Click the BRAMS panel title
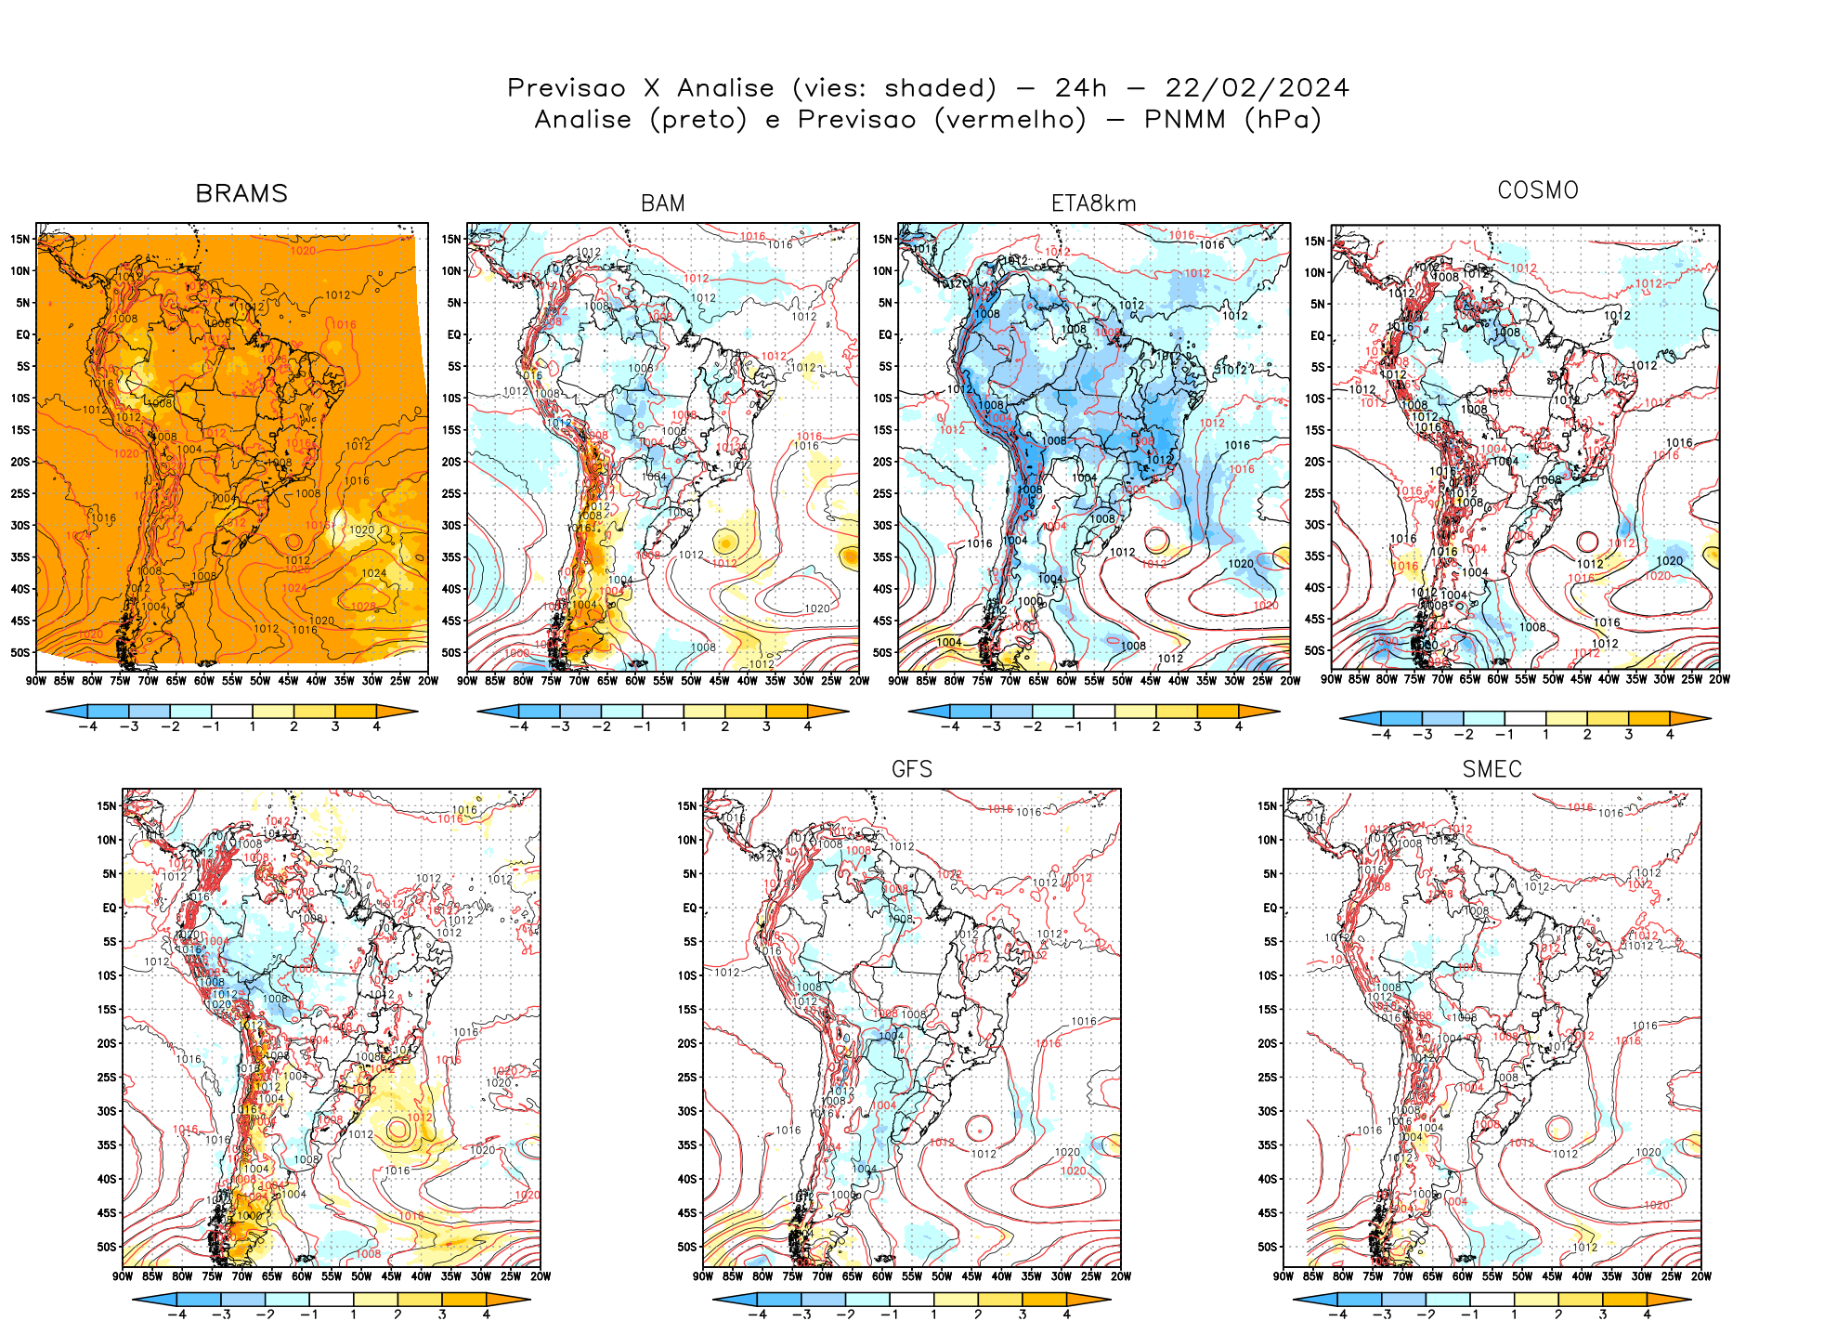click(241, 193)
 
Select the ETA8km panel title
click(1093, 203)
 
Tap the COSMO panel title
click(1538, 190)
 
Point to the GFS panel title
click(911, 769)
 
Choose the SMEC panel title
click(1492, 769)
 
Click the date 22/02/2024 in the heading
click(1257, 88)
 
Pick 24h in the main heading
click(1080, 88)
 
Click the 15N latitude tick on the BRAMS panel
click(20, 239)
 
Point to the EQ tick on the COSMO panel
click(1317, 335)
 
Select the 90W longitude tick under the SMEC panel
click(1283, 1276)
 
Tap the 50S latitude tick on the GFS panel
click(687, 1247)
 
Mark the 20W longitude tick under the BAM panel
click(859, 681)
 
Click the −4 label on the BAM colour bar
click(519, 726)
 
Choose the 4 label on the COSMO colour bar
click(1670, 734)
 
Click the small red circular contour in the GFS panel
click(979, 1128)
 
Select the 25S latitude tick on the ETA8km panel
click(883, 493)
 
